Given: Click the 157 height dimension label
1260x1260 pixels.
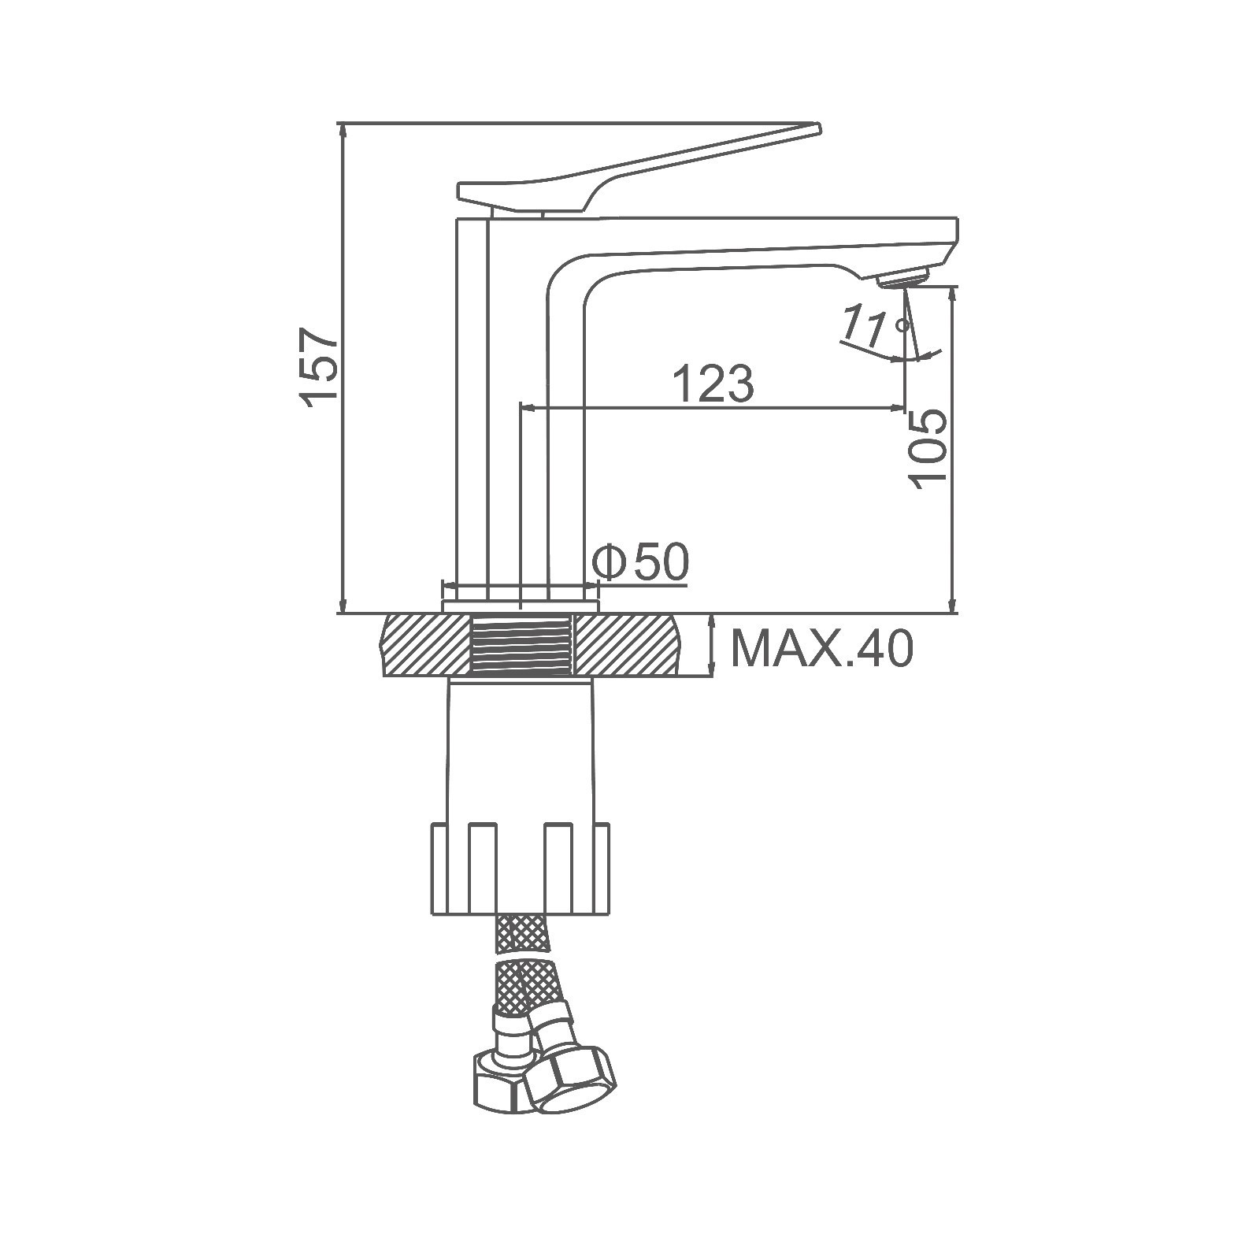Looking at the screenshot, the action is coord(321,369).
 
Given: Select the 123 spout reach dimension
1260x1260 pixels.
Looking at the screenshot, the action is coord(713,384).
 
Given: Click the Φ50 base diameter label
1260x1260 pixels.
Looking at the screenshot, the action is coord(640,561).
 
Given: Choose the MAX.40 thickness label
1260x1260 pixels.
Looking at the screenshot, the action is coord(822,649).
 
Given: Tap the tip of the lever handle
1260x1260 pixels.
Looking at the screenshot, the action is coord(817,127).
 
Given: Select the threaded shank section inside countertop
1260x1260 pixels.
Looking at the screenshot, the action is coord(521,645).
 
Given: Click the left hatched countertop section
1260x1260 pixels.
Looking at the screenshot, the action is coord(426,645).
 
